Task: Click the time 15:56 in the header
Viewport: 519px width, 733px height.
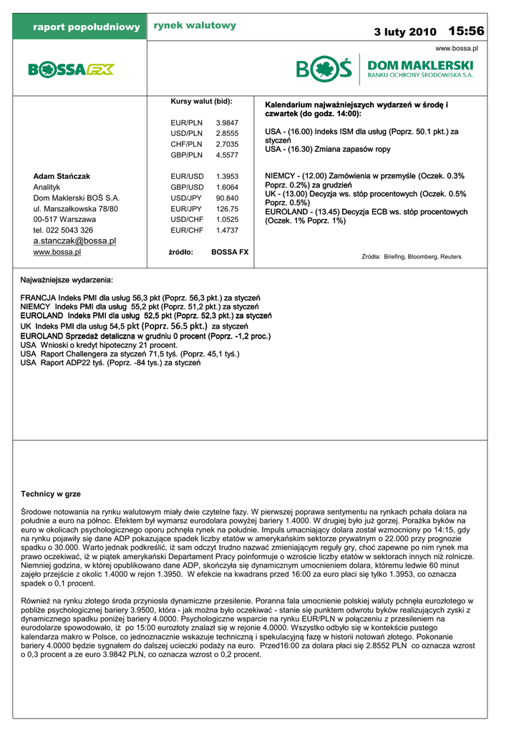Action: pyautogui.click(x=466, y=31)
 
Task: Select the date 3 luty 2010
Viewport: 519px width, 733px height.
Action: pyautogui.click(x=404, y=32)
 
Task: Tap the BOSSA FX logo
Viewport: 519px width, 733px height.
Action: pyautogui.click(x=71, y=69)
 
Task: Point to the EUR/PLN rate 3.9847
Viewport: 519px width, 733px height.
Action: pyautogui.click(x=227, y=123)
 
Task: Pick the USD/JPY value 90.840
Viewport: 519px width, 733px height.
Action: pyautogui.click(x=227, y=198)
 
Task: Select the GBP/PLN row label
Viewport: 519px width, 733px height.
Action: pyautogui.click(x=186, y=155)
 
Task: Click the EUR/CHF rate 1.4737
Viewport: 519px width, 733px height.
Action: pyautogui.click(x=227, y=230)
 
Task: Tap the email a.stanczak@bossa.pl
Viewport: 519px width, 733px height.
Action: pyautogui.click(x=74, y=241)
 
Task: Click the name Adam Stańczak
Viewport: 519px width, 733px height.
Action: pyautogui.click(x=62, y=176)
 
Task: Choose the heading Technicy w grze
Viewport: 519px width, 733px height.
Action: pyautogui.click(x=51, y=494)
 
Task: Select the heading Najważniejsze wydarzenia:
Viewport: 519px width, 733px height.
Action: pyautogui.click(x=67, y=279)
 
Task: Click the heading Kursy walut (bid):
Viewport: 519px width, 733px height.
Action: pyautogui.click(x=201, y=102)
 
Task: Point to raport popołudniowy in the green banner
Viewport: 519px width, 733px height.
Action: pyautogui.click(x=86, y=27)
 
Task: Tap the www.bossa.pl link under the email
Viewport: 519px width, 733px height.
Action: pyautogui.click(x=57, y=252)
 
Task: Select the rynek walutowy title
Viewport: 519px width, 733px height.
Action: pyautogui.click(x=195, y=26)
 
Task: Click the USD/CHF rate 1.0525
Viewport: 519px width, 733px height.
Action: pyautogui.click(x=227, y=220)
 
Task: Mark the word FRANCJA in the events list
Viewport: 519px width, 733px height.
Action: pyautogui.click(x=38, y=297)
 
